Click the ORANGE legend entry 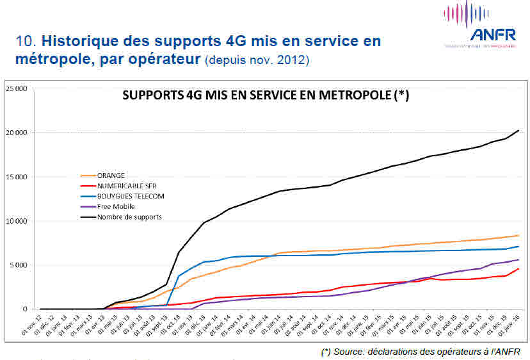tap(111, 175)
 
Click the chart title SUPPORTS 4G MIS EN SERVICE tap(266, 95)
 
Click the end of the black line tap(518, 131)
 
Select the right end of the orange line tap(518, 235)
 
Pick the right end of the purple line tap(518, 259)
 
